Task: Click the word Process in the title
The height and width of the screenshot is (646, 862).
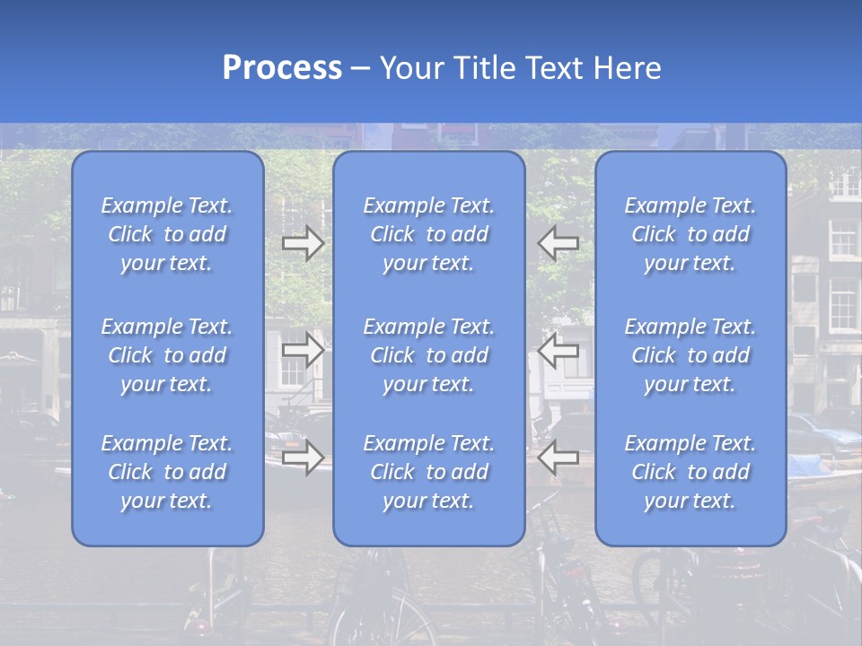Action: tap(282, 68)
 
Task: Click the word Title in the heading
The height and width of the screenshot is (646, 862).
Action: tap(479, 68)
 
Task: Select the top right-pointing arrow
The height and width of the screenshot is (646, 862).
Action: tap(303, 243)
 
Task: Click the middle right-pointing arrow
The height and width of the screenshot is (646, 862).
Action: tap(303, 350)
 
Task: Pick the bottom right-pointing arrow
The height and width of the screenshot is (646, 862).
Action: tap(303, 458)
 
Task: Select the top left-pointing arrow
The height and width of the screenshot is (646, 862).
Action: tap(559, 243)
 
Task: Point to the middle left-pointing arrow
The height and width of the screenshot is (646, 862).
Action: tap(559, 350)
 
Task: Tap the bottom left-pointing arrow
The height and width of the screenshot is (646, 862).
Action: tap(559, 458)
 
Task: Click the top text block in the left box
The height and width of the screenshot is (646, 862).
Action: tap(167, 234)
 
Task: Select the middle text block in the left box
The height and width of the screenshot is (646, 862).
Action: tap(167, 355)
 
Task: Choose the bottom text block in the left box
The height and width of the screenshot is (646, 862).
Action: tap(167, 472)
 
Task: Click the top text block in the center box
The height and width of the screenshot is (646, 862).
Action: tap(429, 234)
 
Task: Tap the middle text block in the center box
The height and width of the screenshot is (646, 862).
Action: tap(429, 355)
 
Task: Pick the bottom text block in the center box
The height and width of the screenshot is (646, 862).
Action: tap(429, 472)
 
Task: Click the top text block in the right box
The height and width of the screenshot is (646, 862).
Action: tap(690, 234)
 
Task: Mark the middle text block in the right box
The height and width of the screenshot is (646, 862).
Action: tap(690, 355)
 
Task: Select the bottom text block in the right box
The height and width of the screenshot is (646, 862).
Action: tap(690, 472)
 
